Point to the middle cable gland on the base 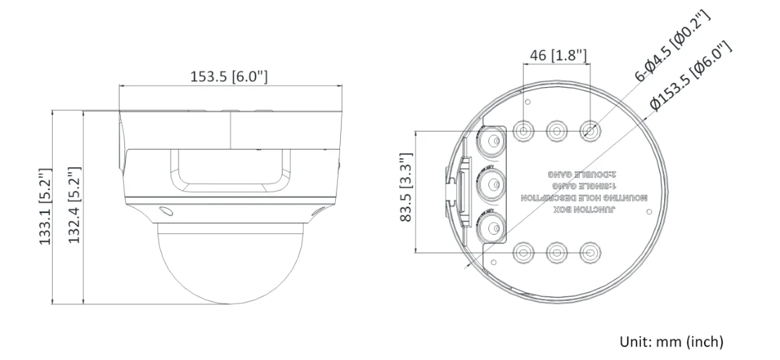click(x=489, y=186)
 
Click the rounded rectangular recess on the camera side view click(x=230, y=171)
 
